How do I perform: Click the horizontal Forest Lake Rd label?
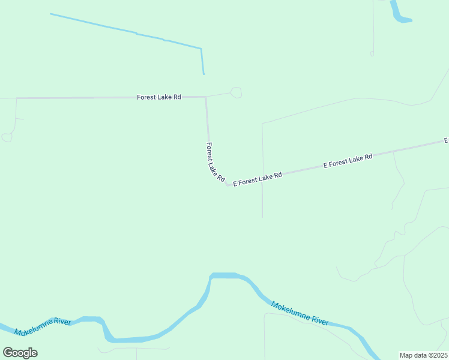click(x=159, y=97)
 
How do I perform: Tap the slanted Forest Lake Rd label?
click(x=215, y=162)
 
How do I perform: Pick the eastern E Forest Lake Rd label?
click(x=348, y=160)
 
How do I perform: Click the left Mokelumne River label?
click(x=43, y=326)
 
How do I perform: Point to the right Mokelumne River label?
click(x=300, y=313)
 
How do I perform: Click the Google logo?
click(x=20, y=352)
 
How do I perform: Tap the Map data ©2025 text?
click(x=424, y=355)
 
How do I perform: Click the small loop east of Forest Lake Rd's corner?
click(x=236, y=92)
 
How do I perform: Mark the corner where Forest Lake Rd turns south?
click(x=206, y=97)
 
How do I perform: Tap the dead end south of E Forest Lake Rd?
click(x=262, y=217)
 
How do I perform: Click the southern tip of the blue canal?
click(x=203, y=74)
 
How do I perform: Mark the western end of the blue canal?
click(x=51, y=14)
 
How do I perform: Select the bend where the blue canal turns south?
click(x=201, y=49)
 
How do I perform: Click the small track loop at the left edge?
click(x=7, y=137)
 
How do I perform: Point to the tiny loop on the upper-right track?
click(x=372, y=53)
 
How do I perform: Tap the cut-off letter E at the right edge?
click(x=446, y=140)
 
